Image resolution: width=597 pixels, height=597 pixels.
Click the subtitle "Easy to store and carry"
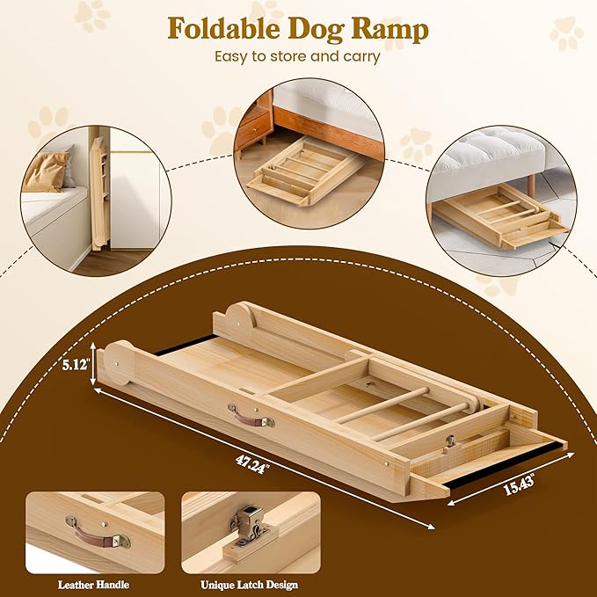(298, 56)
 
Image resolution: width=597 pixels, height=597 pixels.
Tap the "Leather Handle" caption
(95, 585)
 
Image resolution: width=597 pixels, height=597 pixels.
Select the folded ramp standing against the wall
(98, 195)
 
